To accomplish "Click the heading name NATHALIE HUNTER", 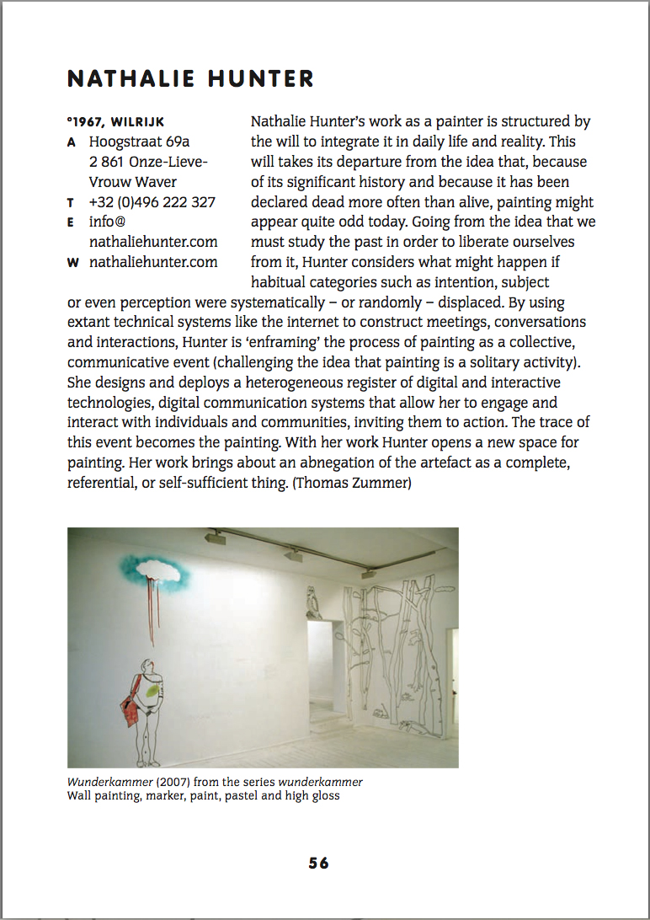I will (190, 79).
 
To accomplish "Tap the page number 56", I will (318, 863).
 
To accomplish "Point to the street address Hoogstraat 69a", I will (140, 142).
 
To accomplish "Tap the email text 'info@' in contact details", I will (107, 222).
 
